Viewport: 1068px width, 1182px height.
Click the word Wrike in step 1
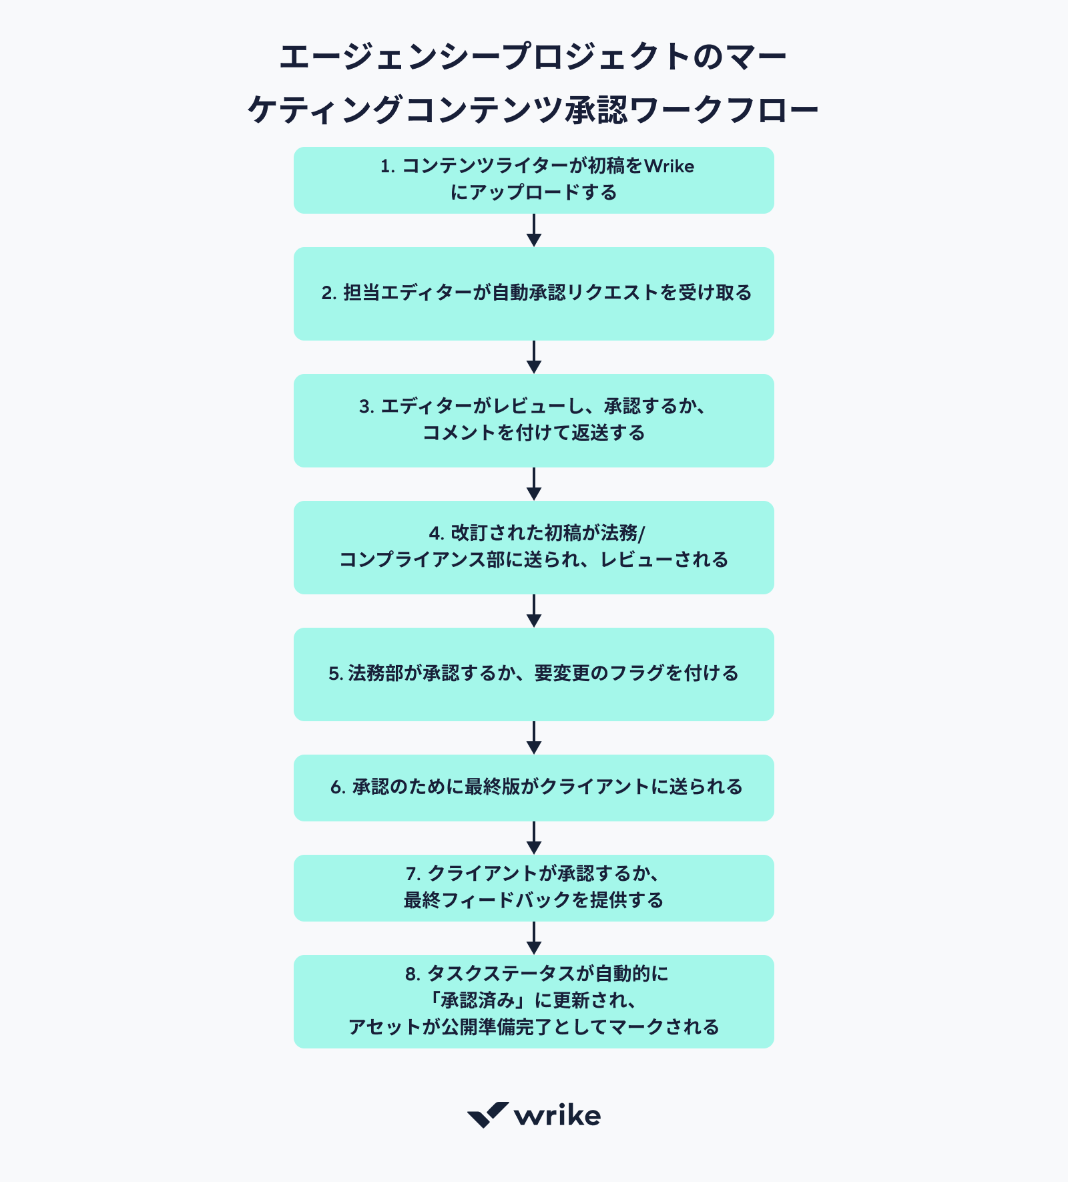(x=669, y=166)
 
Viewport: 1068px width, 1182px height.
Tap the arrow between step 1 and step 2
(x=533, y=230)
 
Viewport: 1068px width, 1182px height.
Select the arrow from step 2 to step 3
(x=533, y=357)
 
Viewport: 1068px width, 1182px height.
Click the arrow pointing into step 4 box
(x=533, y=484)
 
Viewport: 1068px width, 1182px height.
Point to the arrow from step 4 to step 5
(x=533, y=611)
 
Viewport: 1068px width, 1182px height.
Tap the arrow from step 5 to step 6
(x=533, y=738)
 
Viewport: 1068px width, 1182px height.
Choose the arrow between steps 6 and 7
(x=533, y=838)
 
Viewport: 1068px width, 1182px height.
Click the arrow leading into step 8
(x=533, y=938)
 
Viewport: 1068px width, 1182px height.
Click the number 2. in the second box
(x=329, y=293)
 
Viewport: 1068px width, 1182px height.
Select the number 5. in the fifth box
(x=335, y=674)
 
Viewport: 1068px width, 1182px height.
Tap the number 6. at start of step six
(x=338, y=787)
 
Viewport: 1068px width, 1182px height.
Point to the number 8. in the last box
(x=413, y=974)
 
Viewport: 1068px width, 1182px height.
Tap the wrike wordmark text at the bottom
(x=557, y=1116)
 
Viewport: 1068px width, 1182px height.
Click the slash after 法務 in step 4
(x=641, y=534)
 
